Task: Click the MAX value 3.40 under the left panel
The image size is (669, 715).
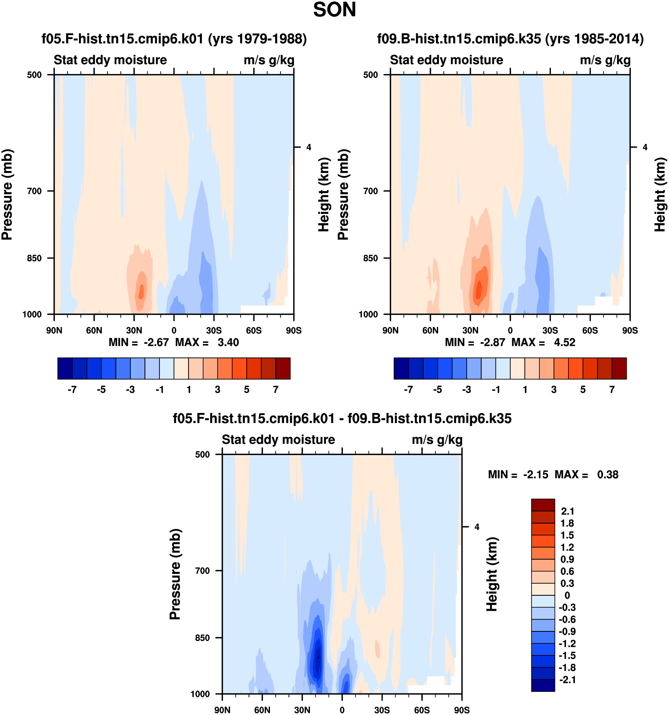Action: click(228, 342)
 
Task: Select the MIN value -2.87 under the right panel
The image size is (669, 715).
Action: click(492, 342)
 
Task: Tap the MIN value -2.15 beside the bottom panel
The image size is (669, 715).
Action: click(535, 474)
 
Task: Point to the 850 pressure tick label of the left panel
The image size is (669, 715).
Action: click(35, 258)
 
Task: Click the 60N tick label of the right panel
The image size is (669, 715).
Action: click(430, 330)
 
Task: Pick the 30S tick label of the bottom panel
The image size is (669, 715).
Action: click(382, 710)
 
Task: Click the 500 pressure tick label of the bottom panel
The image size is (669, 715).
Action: click(202, 454)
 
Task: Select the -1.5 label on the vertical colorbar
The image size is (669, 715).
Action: click(567, 655)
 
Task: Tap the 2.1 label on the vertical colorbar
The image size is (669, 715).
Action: click(567, 511)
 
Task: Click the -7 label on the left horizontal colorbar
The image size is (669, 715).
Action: click(72, 390)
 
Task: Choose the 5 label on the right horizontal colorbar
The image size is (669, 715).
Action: click(583, 390)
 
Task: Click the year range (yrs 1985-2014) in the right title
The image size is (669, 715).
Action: click(594, 38)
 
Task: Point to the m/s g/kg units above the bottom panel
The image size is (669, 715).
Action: click(437, 440)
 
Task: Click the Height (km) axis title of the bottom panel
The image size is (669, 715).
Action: click(492, 574)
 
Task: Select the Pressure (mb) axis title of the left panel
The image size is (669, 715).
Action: click(7, 195)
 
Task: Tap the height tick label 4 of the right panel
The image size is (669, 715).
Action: click(645, 147)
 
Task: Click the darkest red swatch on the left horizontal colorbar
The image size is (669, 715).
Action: click(283, 368)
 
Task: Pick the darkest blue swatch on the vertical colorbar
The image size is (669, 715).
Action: click(543, 685)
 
